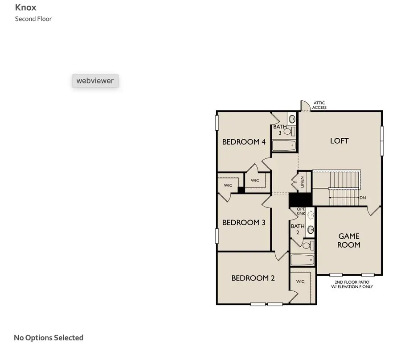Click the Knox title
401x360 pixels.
(x=26, y=7)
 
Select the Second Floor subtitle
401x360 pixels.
(x=33, y=19)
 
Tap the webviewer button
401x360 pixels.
(x=95, y=81)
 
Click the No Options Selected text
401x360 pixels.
(x=49, y=338)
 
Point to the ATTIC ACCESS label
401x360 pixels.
(x=319, y=105)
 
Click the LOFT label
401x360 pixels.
(x=339, y=141)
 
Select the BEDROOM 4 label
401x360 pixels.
(x=244, y=142)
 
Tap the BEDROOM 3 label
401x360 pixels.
(x=244, y=223)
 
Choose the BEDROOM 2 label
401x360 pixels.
(x=253, y=278)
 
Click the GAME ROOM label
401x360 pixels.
(x=348, y=240)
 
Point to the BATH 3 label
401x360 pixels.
(x=280, y=130)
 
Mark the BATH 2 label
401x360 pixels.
(x=298, y=229)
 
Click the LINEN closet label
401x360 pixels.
(x=302, y=182)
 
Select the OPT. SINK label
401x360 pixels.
(x=301, y=211)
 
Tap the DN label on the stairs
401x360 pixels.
(x=363, y=198)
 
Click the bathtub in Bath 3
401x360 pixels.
(x=284, y=145)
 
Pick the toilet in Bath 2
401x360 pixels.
(x=307, y=245)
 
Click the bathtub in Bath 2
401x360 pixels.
(x=303, y=260)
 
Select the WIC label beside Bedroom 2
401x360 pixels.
(x=300, y=281)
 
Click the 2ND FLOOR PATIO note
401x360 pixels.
(x=352, y=285)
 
